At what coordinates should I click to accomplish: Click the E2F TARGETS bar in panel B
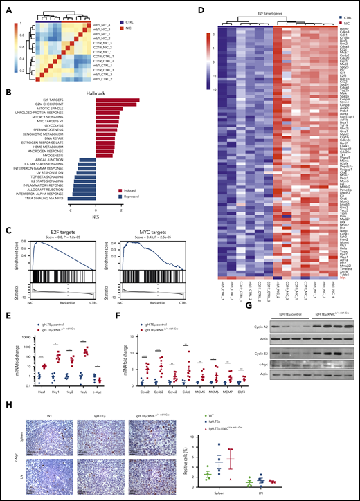pyautogui.click(x=117, y=101)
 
